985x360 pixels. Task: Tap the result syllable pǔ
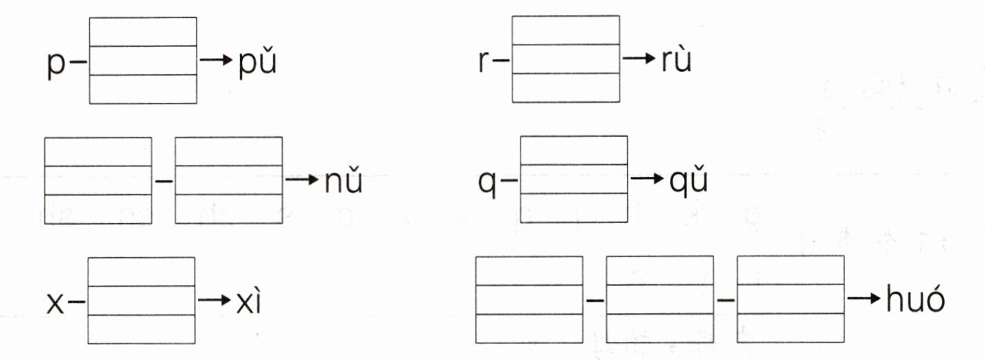[254, 60]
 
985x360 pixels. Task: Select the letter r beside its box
[484, 61]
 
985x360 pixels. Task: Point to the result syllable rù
[672, 60]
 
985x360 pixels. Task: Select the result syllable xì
[249, 301]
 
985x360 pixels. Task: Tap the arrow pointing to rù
[637, 59]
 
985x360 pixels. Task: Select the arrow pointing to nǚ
[300, 181]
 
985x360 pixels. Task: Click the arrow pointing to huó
[864, 299]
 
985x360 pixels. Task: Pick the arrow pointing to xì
[213, 301]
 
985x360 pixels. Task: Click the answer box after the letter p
[143, 60]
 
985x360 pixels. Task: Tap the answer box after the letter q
[574, 179]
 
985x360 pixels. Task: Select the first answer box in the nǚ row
[98, 180]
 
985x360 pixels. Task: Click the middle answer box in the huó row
[660, 299]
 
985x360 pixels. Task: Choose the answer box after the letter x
[141, 300]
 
